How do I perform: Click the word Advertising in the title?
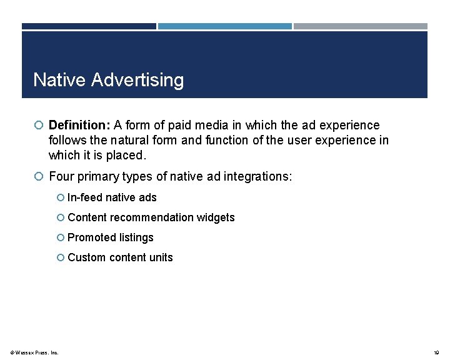click(137, 81)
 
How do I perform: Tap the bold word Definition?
click(79, 126)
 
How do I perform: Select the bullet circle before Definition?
click(39, 126)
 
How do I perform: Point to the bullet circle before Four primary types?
click(39, 177)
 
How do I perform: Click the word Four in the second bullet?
click(61, 177)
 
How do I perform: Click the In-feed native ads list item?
click(111, 197)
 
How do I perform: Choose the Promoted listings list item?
click(110, 237)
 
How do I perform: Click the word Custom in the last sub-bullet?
click(86, 257)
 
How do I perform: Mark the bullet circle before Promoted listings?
click(61, 237)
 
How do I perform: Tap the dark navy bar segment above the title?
click(89, 26)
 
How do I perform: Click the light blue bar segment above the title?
click(224, 26)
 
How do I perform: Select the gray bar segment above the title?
click(361, 26)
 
